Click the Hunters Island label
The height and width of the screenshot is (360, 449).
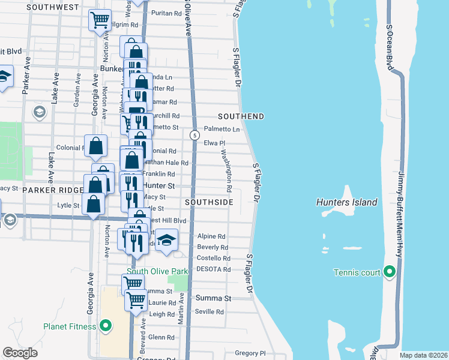(346, 202)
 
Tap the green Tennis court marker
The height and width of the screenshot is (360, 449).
(390, 273)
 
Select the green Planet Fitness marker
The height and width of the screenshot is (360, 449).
(106, 326)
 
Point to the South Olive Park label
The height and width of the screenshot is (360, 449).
(157, 271)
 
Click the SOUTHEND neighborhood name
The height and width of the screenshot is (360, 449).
(241, 115)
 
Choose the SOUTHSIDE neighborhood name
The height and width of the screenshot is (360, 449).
(209, 202)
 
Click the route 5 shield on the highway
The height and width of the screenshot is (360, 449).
(194, 135)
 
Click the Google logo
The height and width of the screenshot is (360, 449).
(20, 353)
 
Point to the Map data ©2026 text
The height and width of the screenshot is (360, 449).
(424, 355)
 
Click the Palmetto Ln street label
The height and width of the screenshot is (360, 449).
(222, 129)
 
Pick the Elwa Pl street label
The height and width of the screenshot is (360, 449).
(214, 143)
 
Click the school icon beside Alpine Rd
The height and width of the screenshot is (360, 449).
(167, 241)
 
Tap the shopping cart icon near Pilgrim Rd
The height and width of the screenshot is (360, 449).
(100, 20)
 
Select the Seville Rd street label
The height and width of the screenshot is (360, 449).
(210, 312)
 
